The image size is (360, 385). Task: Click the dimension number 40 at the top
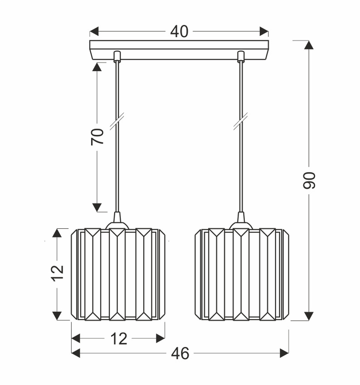pyautogui.click(x=180, y=32)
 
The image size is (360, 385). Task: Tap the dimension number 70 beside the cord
pyautogui.click(x=97, y=136)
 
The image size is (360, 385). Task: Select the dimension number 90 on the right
pyautogui.click(x=309, y=180)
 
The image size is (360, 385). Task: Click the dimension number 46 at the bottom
pyautogui.click(x=180, y=354)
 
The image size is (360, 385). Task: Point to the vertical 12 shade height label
pyautogui.click(x=57, y=273)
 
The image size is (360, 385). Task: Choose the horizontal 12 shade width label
pyautogui.click(x=119, y=339)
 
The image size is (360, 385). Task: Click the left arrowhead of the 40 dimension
pyautogui.click(x=94, y=31)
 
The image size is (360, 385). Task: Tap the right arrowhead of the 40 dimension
pyautogui.click(x=264, y=31)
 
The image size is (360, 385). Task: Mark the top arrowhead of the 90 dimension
pyautogui.click(x=309, y=45)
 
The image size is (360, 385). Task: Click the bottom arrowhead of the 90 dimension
pyautogui.click(x=309, y=316)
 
